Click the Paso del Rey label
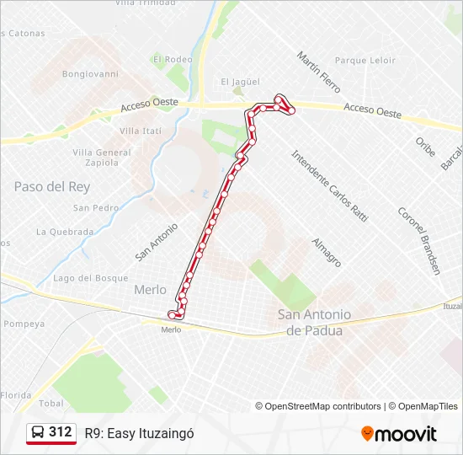(x=51, y=186)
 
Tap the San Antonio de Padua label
(x=314, y=323)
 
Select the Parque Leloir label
(x=365, y=61)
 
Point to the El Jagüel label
(x=237, y=82)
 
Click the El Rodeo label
(x=173, y=60)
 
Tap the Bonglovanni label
(x=90, y=74)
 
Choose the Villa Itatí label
(x=140, y=131)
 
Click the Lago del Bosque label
(x=90, y=278)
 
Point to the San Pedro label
(x=95, y=208)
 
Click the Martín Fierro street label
(x=318, y=72)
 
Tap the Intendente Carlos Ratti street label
(x=329, y=185)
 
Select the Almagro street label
(x=326, y=252)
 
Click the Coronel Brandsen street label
(x=418, y=240)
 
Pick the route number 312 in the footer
(x=60, y=432)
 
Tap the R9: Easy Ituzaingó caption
(x=139, y=433)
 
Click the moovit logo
(x=399, y=434)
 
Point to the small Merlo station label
(x=171, y=329)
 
